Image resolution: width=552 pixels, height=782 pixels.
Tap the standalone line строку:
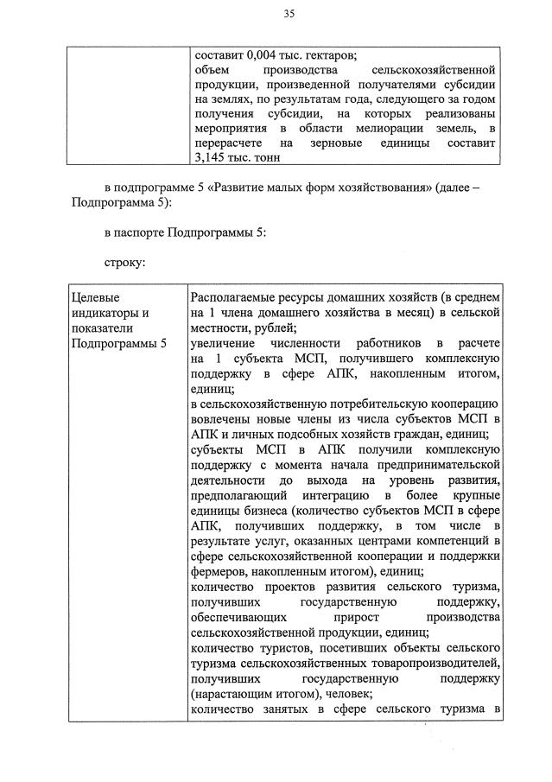[125, 260]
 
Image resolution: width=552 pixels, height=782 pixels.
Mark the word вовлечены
[221, 419]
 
